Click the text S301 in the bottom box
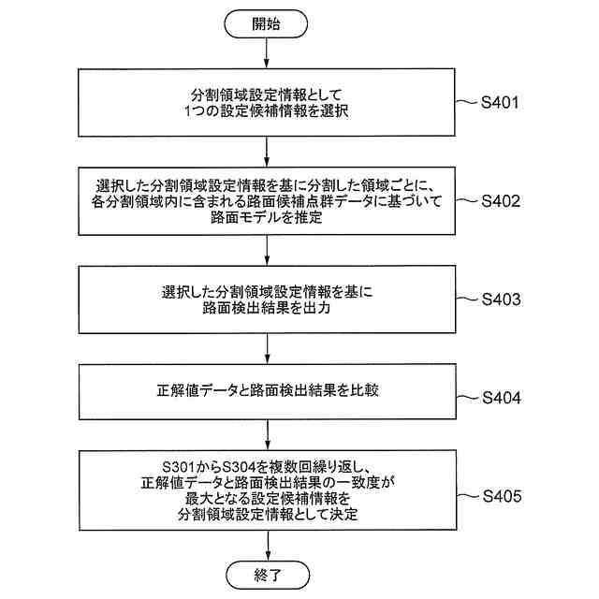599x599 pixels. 181,465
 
